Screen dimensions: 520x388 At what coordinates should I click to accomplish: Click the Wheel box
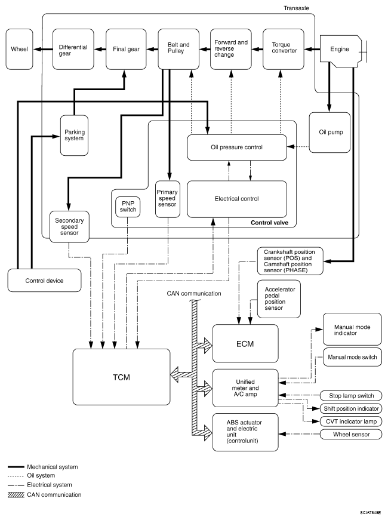click(19, 49)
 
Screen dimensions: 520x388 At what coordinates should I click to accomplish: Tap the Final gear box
click(125, 49)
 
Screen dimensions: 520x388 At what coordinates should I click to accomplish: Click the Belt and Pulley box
click(178, 49)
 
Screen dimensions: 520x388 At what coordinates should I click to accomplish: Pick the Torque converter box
click(284, 49)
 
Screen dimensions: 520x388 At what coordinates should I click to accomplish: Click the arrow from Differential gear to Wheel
click(42, 49)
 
